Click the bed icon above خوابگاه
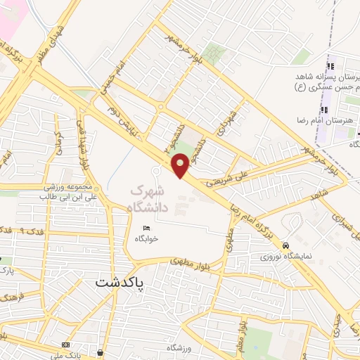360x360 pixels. (x=146, y=229)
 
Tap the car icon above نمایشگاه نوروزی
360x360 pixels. (x=285, y=245)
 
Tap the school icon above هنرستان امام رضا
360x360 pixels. (x=324, y=110)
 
